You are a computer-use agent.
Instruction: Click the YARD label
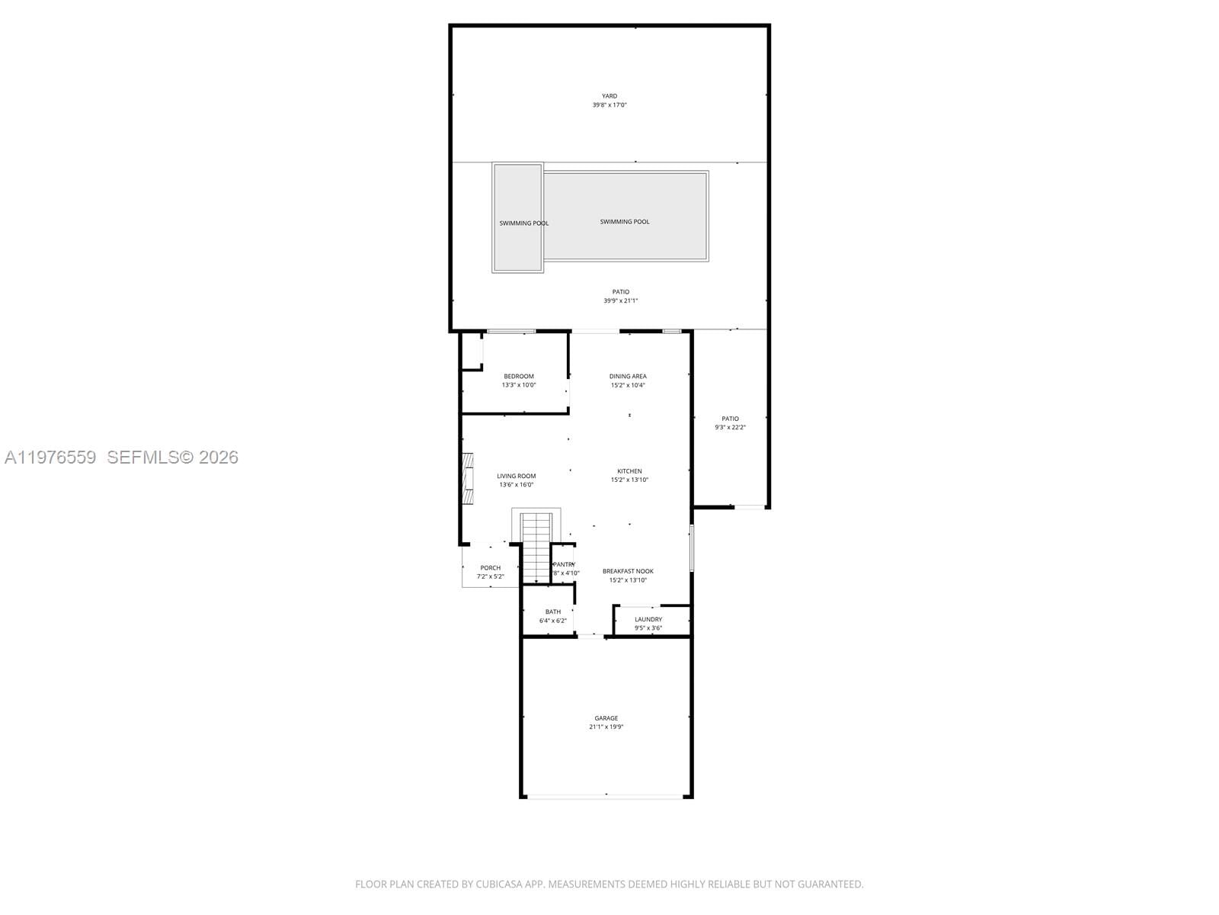(609, 96)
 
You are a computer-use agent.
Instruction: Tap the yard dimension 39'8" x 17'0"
(609, 105)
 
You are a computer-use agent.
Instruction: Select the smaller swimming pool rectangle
(518, 217)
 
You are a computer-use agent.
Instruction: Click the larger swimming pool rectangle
(625, 216)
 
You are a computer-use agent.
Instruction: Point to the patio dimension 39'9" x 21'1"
(621, 301)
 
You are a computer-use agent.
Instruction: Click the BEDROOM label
(519, 376)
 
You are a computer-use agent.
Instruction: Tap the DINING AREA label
(628, 376)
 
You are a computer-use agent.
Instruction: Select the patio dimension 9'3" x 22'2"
(730, 428)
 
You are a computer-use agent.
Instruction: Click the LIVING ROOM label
(517, 476)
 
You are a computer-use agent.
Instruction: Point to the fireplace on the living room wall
(467, 478)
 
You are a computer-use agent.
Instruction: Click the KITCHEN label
(629, 471)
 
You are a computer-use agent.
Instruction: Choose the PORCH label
(491, 568)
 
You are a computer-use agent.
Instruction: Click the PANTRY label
(564, 564)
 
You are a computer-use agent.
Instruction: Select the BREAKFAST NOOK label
(628, 571)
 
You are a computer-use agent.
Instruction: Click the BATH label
(553, 612)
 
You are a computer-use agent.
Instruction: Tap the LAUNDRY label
(648, 619)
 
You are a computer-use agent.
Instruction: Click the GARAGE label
(606, 718)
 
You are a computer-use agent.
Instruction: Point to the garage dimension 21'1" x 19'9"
(606, 727)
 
